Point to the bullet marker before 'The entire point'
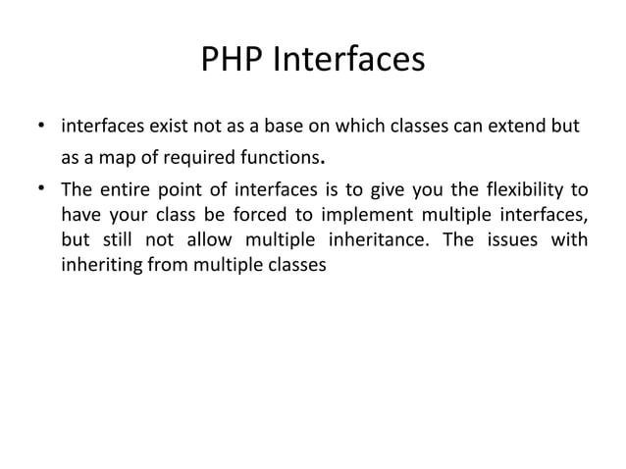click(x=41, y=189)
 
